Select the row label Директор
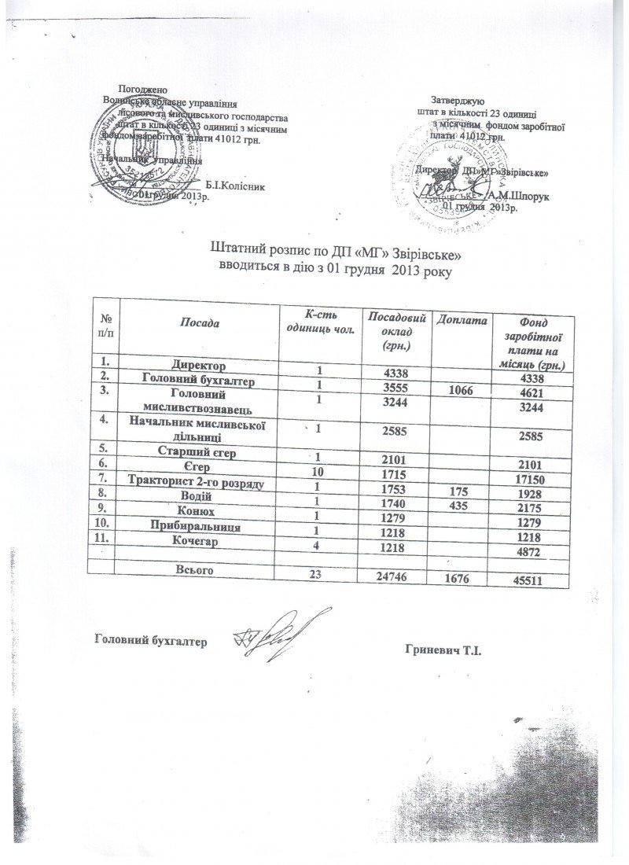[x=200, y=366]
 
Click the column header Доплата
[x=464, y=320]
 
